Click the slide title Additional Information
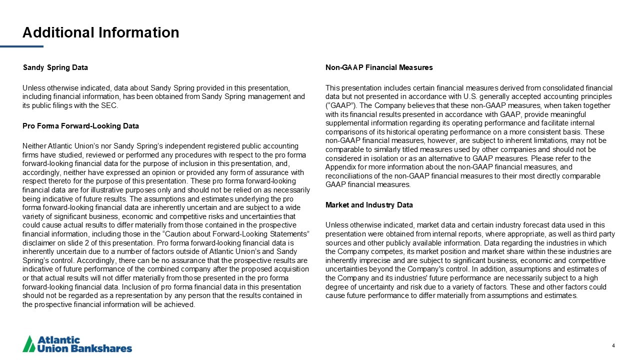[100, 32]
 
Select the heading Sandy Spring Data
[55, 67]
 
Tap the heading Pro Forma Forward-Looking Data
[80, 126]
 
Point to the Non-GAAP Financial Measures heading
[379, 67]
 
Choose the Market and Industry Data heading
[369, 205]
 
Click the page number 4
[613, 345]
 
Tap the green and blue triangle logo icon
[29, 343]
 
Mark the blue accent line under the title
[21, 46]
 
